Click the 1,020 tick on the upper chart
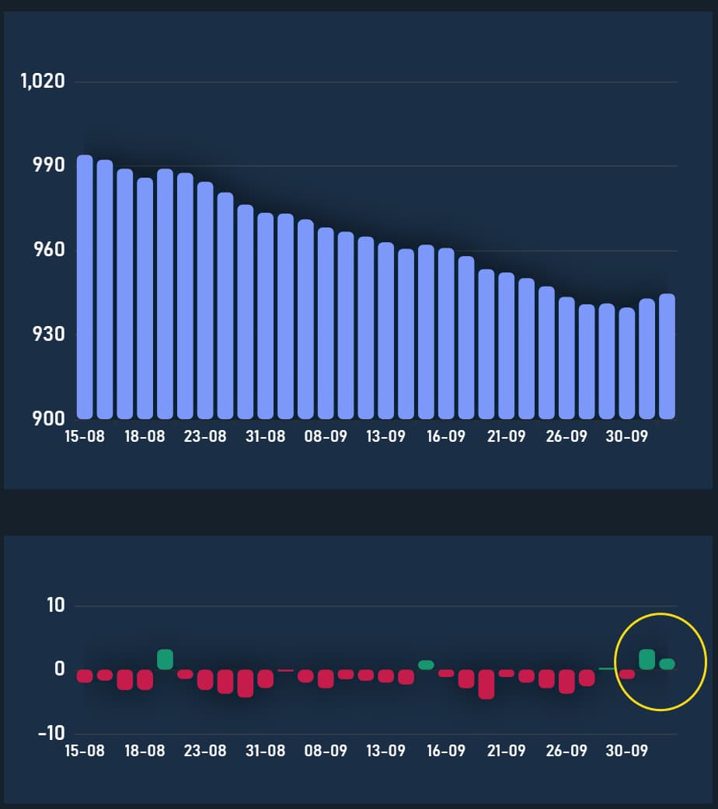pos(42,81)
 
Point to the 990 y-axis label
pos(47,165)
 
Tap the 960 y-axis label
pos(47,250)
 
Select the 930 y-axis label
pos(47,334)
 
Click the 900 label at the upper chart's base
pos(47,418)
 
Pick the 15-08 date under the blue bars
pos(84,436)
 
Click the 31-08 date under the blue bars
pos(266,436)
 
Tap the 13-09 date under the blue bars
pos(386,436)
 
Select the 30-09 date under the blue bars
pos(626,436)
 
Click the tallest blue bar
pos(85,287)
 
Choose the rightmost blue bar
pos(667,357)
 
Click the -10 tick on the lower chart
pos(52,733)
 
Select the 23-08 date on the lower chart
pos(205,752)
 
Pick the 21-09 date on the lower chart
pos(507,752)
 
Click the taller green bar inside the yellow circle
pos(647,659)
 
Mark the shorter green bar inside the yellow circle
pos(667,664)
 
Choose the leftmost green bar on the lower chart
pos(165,659)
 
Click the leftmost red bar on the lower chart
pos(85,675)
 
